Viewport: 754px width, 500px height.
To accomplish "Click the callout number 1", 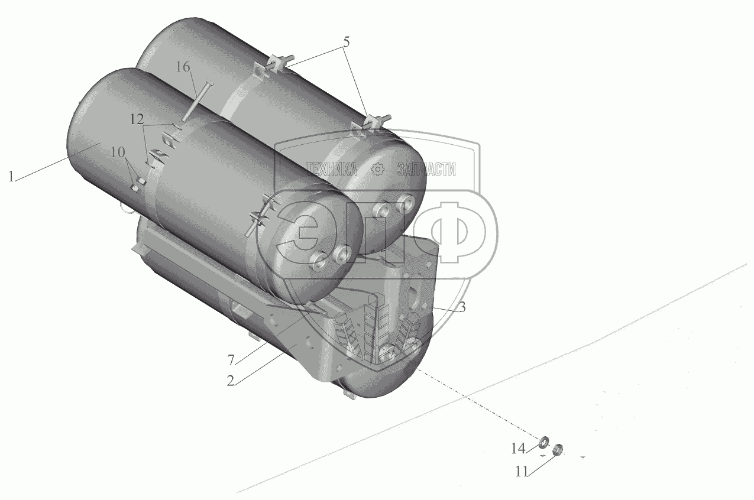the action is (x=11, y=177).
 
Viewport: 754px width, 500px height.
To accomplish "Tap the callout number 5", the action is (x=347, y=42).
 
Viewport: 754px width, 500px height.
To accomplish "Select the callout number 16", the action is (x=183, y=67).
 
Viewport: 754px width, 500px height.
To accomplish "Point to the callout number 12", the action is (x=137, y=119).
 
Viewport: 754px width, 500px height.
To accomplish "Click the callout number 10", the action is (x=118, y=152).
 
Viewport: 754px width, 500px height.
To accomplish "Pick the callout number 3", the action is (x=462, y=307).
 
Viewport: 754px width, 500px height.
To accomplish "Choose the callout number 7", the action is (x=231, y=361).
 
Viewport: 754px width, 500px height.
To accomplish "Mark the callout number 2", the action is (x=230, y=381).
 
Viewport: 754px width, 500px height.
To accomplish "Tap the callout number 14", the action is (x=519, y=449).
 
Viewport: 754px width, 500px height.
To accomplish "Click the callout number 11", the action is (x=522, y=472).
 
